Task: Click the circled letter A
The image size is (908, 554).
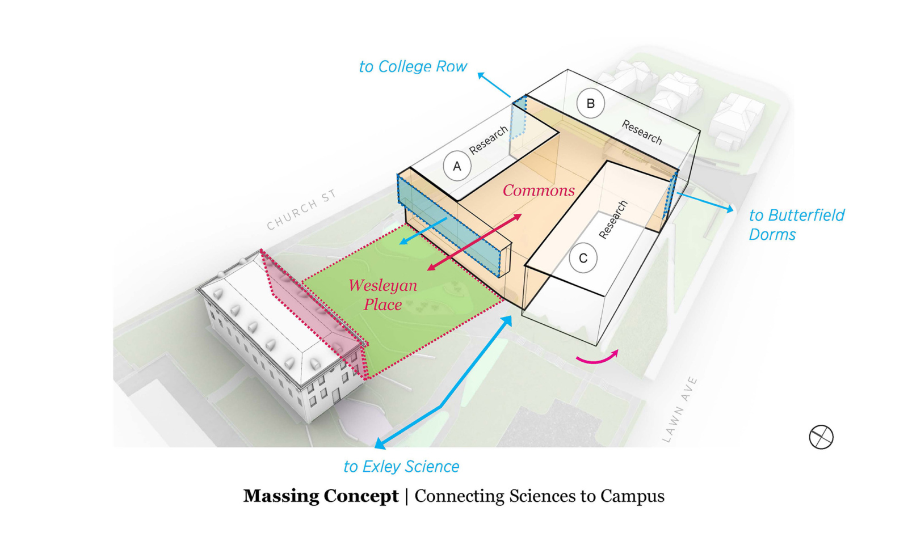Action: pyautogui.click(x=457, y=167)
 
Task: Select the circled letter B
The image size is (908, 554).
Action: pyautogui.click(x=590, y=104)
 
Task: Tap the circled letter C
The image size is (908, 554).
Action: pyautogui.click(x=583, y=259)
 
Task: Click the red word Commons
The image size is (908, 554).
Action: pyautogui.click(x=539, y=191)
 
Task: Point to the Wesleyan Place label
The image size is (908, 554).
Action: pyautogui.click(x=383, y=295)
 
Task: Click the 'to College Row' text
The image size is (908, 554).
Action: pyautogui.click(x=413, y=67)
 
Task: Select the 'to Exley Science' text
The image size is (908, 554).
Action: pyautogui.click(x=401, y=467)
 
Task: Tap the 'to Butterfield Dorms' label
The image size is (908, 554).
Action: pyautogui.click(x=796, y=225)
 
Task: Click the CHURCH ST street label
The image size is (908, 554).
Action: pyautogui.click(x=301, y=210)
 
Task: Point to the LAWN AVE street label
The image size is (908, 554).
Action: pyautogui.click(x=679, y=409)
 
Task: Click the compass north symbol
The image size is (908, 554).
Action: pyautogui.click(x=821, y=437)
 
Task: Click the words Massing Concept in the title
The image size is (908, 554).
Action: pyautogui.click(x=321, y=496)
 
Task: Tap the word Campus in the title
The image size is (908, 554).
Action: pyautogui.click(x=632, y=496)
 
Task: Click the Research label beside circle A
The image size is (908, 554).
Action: pyautogui.click(x=488, y=140)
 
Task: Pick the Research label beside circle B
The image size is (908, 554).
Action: pyautogui.click(x=642, y=132)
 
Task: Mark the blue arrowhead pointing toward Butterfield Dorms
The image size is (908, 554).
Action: pyautogui.click(x=729, y=209)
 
